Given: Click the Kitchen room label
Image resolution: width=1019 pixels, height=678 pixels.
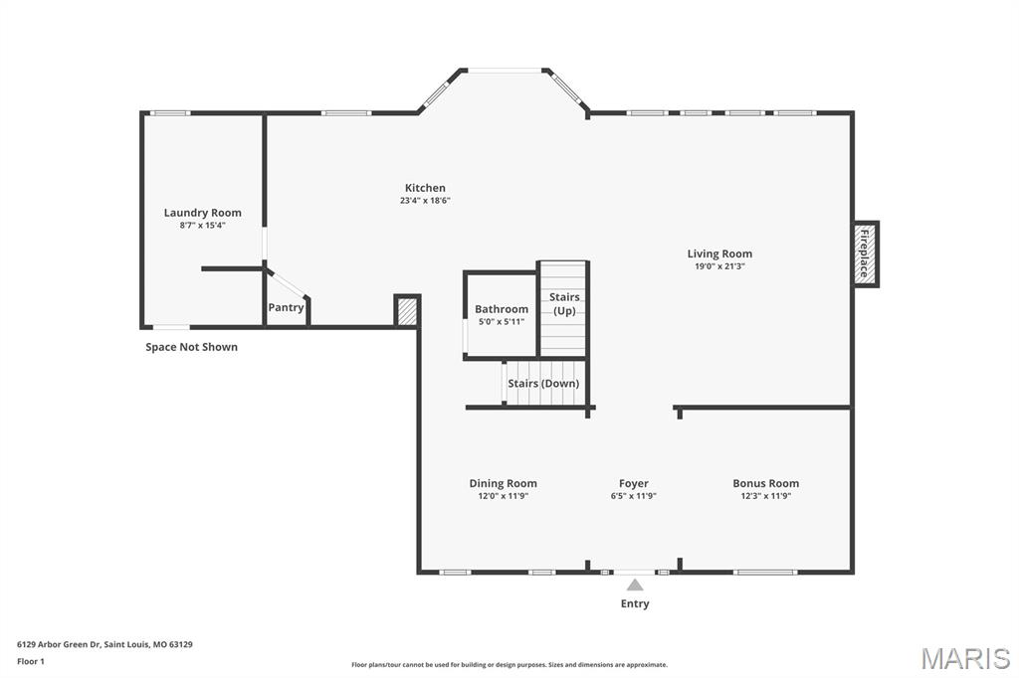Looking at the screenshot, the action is pyautogui.click(x=425, y=188).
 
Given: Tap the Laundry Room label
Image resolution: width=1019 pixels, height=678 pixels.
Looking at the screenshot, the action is pyautogui.click(x=202, y=213).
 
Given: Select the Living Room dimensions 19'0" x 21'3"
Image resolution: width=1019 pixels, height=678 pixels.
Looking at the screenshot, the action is pyautogui.click(x=719, y=266).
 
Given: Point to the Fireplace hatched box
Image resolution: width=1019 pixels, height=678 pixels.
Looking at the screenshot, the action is pyautogui.click(x=866, y=254).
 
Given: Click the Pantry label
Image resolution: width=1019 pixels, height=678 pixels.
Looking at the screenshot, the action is pyautogui.click(x=286, y=307).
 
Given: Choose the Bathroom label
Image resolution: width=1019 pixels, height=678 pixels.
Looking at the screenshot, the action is pyautogui.click(x=502, y=309).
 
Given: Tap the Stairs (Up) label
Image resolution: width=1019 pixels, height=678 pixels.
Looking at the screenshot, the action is pyautogui.click(x=564, y=303).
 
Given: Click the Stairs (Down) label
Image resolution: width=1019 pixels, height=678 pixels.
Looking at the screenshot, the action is pyautogui.click(x=543, y=383).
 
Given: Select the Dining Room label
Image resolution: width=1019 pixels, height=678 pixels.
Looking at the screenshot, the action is pyautogui.click(x=503, y=483).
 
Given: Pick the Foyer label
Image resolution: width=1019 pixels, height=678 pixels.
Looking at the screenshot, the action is pyautogui.click(x=634, y=483).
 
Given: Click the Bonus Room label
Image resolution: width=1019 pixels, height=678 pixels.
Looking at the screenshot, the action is pyautogui.click(x=765, y=483).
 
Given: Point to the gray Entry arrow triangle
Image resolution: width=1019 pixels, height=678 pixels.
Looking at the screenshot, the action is pyautogui.click(x=635, y=586).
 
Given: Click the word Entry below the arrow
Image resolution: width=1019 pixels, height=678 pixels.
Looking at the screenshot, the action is pyautogui.click(x=635, y=603).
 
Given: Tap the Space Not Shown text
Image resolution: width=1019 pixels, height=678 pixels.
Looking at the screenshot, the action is pyautogui.click(x=192, y=347).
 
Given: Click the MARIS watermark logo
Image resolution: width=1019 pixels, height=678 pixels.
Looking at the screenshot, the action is pyautogui.click(x=965, y=658).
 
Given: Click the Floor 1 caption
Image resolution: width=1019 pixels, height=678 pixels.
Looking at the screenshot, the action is pyautogui.click(x=31, y=662).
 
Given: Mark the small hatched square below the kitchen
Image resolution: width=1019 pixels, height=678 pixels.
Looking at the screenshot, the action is pyautogui.click(x=407, y=311).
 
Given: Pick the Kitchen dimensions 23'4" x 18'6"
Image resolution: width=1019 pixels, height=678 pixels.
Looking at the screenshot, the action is pyautogui.click(x=425, y=201).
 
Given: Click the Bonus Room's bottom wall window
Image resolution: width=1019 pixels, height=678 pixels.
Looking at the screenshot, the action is pyautogui.click(x=765, y=573).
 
